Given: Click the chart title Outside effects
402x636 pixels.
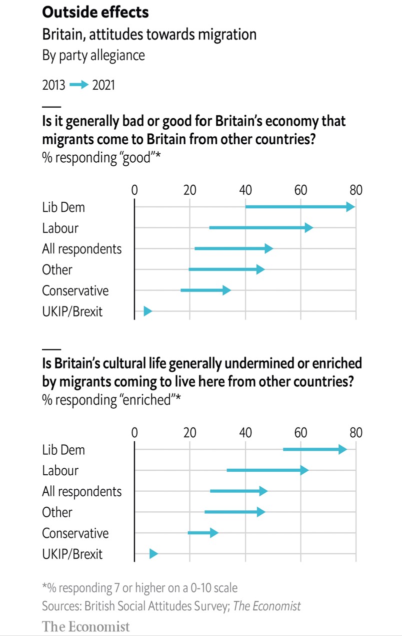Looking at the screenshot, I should pyautogui.click(x=95, y=12).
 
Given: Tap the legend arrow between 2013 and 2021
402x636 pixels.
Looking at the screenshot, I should pyautogui.click(x=78, y=85).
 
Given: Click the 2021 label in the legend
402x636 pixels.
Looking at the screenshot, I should pyautogui.click(x=103, y=85).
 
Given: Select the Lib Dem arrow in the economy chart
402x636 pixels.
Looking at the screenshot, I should pyautogui.click(x=299, y=207).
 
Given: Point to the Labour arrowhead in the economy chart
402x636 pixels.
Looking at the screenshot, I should pyautogui.click(x=309, y=228).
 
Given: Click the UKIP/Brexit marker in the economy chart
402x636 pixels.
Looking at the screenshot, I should pyautogui.click(x=147, y=311).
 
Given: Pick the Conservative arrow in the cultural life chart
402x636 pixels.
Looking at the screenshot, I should pyautogui.click(x=202, y=533).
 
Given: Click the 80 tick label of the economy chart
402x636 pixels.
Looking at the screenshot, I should pyautogui.click(x=355, y=190).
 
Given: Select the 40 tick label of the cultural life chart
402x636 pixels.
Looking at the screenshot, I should pyautogui.click(x=245, y=433).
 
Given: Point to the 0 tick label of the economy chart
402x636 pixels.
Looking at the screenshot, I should pyautogui.click(x=134, y=190).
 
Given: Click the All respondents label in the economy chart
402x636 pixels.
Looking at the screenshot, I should pyautogui.click(x=81, y=249).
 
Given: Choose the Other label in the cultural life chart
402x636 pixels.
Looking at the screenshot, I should pyautogui.click(x=57, y=512).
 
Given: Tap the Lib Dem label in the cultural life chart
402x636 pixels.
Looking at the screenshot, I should pyautogui.click(x=63, y=450).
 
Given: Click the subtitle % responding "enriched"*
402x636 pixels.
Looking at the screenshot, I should pyautogui.click(x=111, y=400).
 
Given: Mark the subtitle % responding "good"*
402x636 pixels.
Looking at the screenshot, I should pyautogui.click(x=100, y=158).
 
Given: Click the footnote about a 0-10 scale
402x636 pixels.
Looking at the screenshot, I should pyautogui.click(x=139, y=587).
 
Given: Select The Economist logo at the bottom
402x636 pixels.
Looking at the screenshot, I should pyautogui.click(x=85, y=626).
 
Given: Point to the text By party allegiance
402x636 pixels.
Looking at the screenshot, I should pyautogui.click(x=93, y=55).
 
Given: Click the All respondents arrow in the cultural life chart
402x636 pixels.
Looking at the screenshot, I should pyautogui.click(x=238, y=491).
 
